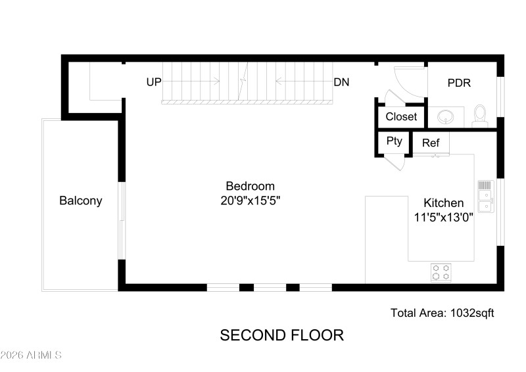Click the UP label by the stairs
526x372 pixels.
click(x=154, y=82)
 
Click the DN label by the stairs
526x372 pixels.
click(x=341, y=82)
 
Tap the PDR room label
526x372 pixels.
click(x=459, y=83)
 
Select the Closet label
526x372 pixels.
click(x=401, y=116)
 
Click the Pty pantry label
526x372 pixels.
click(x=394, y=141)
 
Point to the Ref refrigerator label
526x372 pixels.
click(x=431, y=143)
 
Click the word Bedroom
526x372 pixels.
click(x=250, y=186)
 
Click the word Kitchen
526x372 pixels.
click(x=443, y=203)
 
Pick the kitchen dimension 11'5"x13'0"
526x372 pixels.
click(x=443, y=217)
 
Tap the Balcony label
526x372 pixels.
click(x=81, y=201)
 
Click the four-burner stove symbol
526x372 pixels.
click(x=441, y=272)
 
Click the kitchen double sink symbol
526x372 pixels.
click(x=485, y=197)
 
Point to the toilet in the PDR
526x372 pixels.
click(x=480, y=116)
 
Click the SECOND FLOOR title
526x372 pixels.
click(x=281, y=335)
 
